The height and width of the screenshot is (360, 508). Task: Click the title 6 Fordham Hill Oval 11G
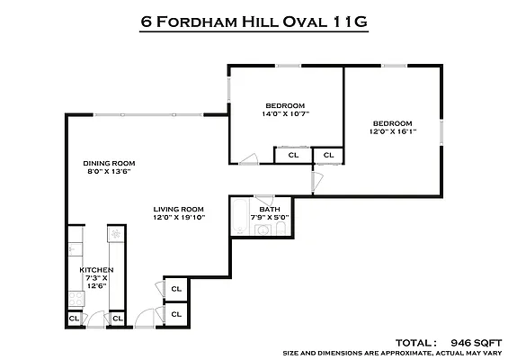click(x=254, y=22)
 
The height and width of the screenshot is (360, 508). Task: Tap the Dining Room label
click(x=109, y=163)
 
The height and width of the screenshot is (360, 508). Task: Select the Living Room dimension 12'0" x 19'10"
click(x=179, y=217)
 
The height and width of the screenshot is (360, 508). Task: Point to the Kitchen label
click(x=96, y=270)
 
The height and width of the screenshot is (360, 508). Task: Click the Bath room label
click(x=270, y=209)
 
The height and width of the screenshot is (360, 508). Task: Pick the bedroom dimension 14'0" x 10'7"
click(x=285, y=113)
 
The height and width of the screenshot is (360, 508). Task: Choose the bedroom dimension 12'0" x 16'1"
click(x=393, y=131)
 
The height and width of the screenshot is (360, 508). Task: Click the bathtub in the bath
click(x=240, y=217)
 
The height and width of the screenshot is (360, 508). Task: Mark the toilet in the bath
click(x=281, y=229)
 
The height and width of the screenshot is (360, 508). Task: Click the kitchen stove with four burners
click(x=76, y=299)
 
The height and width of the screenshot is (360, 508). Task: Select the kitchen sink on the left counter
click(x=76, y=249)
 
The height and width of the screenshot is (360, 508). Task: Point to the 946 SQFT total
click(x=477, y=343)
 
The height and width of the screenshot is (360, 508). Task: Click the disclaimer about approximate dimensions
click(x=392, y=353)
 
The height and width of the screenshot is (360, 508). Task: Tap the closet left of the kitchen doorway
click(x=74, y=319)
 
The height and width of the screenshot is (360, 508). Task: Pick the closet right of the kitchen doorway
click(x=118, y=319)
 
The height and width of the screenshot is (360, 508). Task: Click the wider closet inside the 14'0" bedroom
click(x=293, y=155)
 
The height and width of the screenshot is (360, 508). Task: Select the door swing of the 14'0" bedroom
click(x=249, y=159)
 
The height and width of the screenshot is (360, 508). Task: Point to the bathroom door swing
click(x=264, y=200)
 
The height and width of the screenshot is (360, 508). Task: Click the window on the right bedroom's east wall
click(x=441, y=132)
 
